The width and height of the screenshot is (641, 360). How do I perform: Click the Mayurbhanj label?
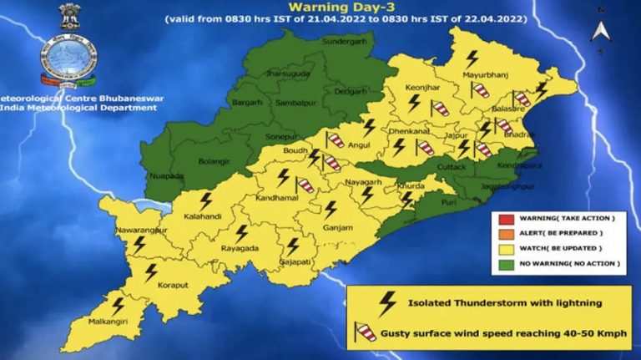tap(485, 77)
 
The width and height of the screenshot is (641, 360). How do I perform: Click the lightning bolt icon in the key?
tap(386, 302)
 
